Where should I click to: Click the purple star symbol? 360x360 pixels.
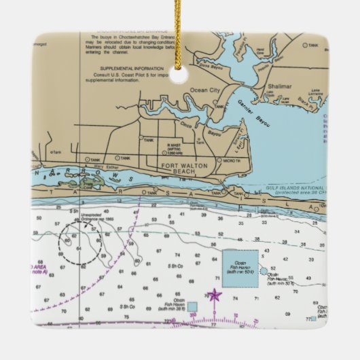click(x=215, y=295)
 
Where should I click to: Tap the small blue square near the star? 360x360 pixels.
click(x=192, y=306)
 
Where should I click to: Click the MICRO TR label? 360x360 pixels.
click(x=237, y=160)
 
